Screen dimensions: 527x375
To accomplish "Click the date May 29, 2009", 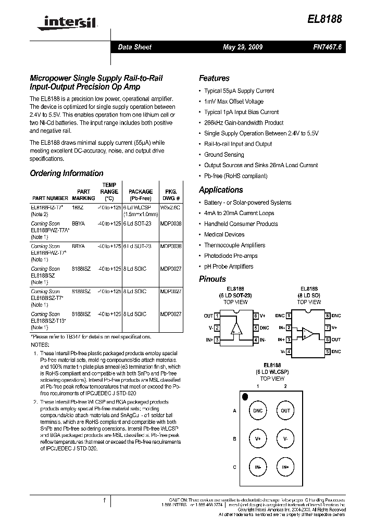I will point(243,47).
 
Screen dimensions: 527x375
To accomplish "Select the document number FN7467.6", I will point(327,47).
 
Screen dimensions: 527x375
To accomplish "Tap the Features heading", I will point(214,78).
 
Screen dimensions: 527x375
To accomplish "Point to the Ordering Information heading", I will point(67,173).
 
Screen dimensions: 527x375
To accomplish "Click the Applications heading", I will point(221,190).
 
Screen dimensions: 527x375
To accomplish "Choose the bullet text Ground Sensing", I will point(224,155).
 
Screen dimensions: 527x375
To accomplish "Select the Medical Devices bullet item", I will point(224,234).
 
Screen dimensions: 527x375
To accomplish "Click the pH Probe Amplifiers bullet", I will point(229,267).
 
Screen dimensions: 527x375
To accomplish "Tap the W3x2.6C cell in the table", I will point(170,207).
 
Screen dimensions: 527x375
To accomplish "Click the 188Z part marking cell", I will point(78,207).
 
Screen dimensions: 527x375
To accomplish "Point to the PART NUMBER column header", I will point(50,198).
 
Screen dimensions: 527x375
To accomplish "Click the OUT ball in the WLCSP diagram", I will point(285,410).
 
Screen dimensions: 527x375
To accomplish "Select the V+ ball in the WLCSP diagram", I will point(258,438).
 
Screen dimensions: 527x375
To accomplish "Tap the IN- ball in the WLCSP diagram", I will point(258,467).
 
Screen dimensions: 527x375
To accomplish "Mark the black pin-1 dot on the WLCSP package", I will point(245,397).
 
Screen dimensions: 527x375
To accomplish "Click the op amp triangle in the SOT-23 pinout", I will point(236,328).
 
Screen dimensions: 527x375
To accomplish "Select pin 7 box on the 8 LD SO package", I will point(327,328).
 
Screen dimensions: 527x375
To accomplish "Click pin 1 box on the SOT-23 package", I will point(217,316).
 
